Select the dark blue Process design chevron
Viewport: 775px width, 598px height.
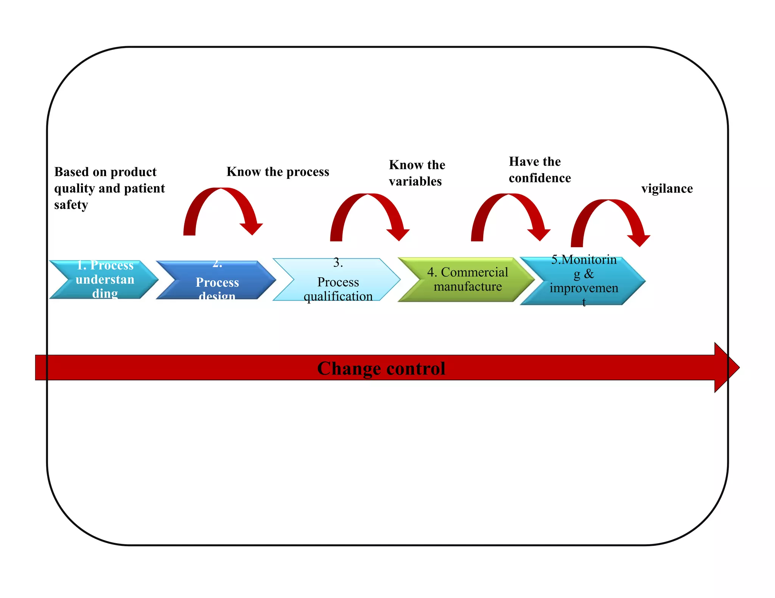pyautogui.click(x=217, y=280)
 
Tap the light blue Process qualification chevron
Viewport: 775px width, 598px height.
pyautogui.click(x=338, y=280)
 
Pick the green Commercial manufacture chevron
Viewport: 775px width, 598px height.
pyautogui.click(x=468, y=280)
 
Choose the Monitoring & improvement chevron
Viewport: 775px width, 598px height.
pyautogui.click(x=584, y=281)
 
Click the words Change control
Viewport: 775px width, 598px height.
pyautogui.click(x=381, y=368)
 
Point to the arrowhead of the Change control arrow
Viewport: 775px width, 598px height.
pyautogui.click(x=727, y=367)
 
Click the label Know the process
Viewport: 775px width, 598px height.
pyautogui.click(x=278, y=172)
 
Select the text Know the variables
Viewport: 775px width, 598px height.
pyautogui.click(x=417, y=173)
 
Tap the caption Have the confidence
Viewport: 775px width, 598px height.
pyautogui.click(x=539, y=170)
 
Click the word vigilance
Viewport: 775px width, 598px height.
pyautogui.click(x=667, y=188)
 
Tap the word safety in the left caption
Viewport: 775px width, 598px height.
pyautogui.click(x=71, y=205)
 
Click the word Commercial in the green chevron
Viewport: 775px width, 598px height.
pyautogui.click(x=474, y=272)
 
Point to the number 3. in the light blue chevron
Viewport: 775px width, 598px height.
pyautogui.click(x=338, y=262)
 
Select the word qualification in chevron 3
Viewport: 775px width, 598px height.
pyautogui.click(x=338, y=296)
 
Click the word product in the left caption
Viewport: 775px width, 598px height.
pyautogui.click(x=133, y=172)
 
